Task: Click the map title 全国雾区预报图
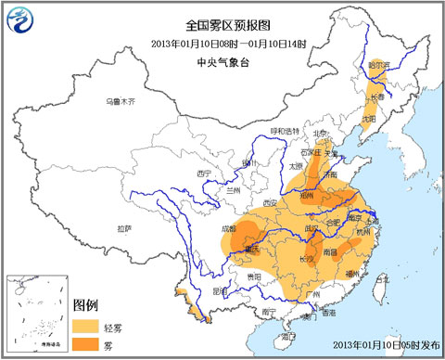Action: (222, 26)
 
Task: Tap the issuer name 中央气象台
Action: (222, 62)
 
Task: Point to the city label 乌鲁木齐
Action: (121, 100)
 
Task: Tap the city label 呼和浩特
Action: (286, 132)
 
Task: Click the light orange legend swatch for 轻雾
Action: (88, 325)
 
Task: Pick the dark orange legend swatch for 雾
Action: (88, 344)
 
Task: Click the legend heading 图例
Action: (86, 304)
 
